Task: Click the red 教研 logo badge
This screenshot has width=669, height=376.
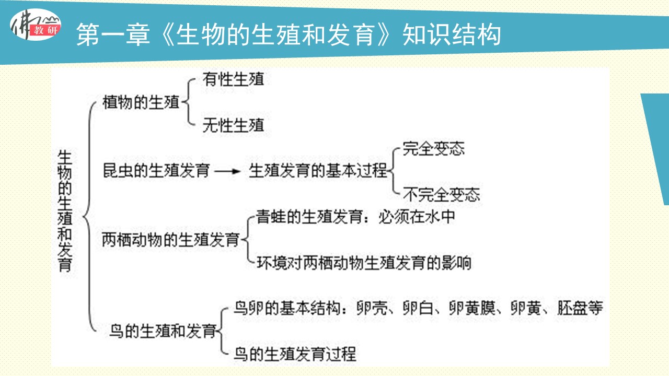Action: (45, 30)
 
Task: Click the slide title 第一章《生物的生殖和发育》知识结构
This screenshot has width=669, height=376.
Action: (289, 35)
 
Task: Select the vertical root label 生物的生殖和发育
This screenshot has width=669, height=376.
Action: (65, 211)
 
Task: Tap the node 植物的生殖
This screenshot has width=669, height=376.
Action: (141, 102)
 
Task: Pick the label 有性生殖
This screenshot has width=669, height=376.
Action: (233, 79)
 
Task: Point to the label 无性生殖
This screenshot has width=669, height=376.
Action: (233, 125)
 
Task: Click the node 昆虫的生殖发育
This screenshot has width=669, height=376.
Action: (156, 171)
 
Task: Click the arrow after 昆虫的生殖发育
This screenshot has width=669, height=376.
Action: (227, 171)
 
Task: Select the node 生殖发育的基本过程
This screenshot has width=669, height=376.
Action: (318, 171)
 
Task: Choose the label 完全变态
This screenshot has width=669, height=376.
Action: (434, 148)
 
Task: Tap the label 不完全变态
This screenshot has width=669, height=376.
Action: (442, 194)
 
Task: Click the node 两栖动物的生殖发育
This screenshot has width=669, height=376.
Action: (171, 240)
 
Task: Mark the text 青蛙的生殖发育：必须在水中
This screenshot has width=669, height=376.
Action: (355, 217)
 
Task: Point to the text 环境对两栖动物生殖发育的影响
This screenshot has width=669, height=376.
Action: (364, 263)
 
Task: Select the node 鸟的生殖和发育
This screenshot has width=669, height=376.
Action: (163, 331)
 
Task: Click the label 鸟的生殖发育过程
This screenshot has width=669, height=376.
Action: (295, 354)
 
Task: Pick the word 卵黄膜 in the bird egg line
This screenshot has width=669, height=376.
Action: (472, 308)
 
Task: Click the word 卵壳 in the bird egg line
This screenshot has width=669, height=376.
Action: (372, 308)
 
